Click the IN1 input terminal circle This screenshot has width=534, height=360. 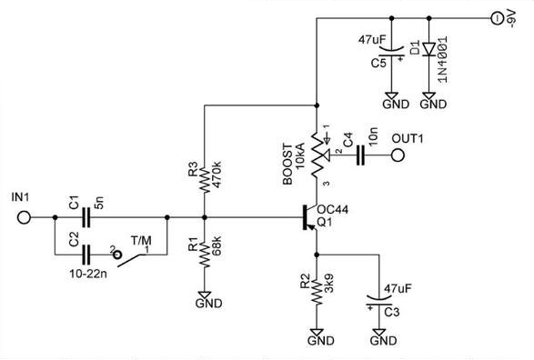(24, 218)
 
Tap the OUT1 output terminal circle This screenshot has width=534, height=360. (398, 155)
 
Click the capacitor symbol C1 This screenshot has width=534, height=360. (88, 218)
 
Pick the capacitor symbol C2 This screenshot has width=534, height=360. (88, 251)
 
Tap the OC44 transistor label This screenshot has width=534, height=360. (334, 209)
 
